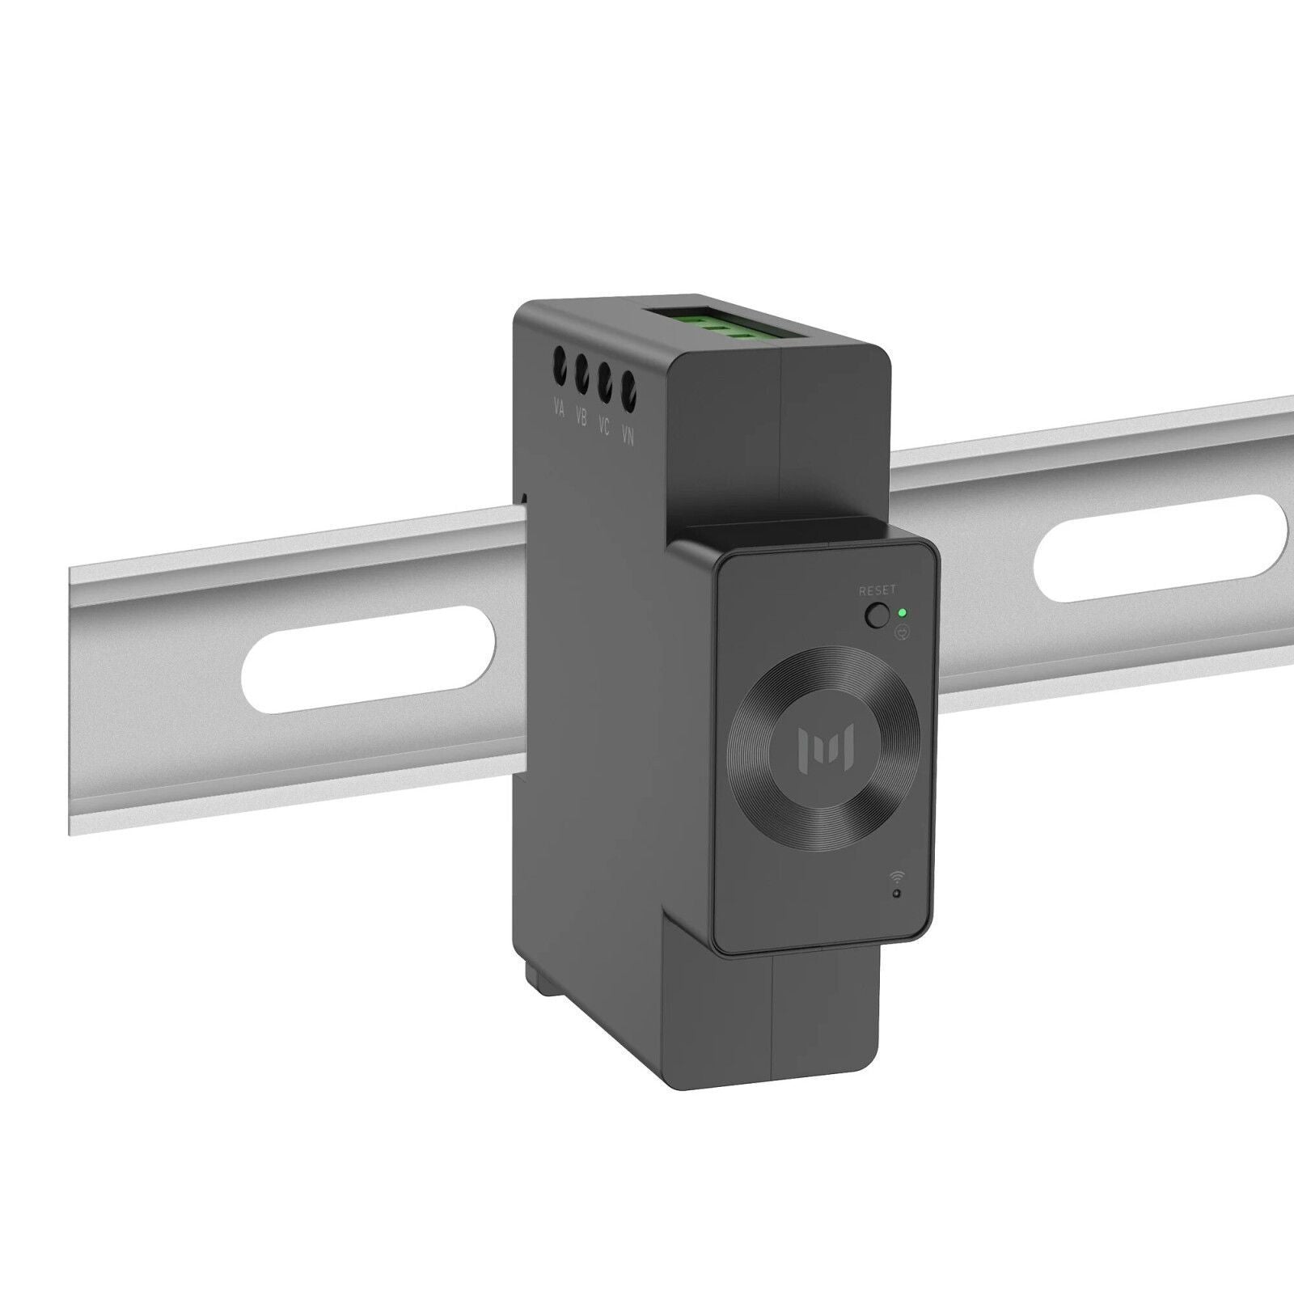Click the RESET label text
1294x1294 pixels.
(x=877, y=590)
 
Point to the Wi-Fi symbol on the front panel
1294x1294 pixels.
(x=897, y=876)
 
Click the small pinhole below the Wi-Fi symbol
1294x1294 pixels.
(x=896, y=893)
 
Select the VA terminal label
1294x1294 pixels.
(x=559, y=409)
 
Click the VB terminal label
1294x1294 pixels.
(x=581, y=418)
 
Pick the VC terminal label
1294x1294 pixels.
(x=603, y=427)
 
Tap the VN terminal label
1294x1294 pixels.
(x=628, y=437)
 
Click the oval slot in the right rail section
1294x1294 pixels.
(x=1161, y=558)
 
